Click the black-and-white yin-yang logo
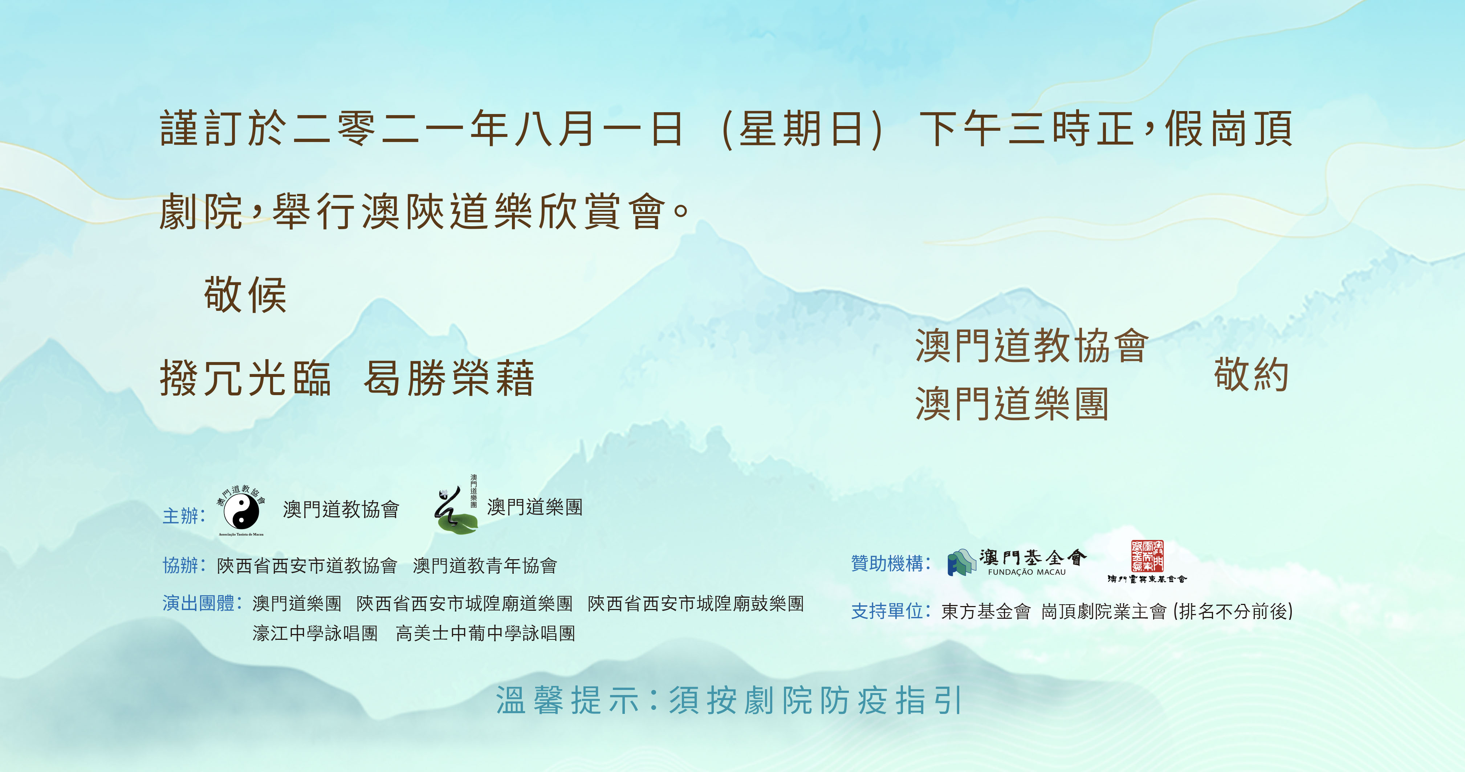click(241, 511)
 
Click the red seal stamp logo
click(1147, 556)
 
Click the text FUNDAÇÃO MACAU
click(1026, 572)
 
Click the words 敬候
click(245, 295)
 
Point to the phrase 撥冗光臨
click(245, 378)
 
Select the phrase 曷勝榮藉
click(449, 378)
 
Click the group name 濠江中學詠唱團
click(315, 633)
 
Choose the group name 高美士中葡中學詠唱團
click(486, 633)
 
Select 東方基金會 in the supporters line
click(986, 611)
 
